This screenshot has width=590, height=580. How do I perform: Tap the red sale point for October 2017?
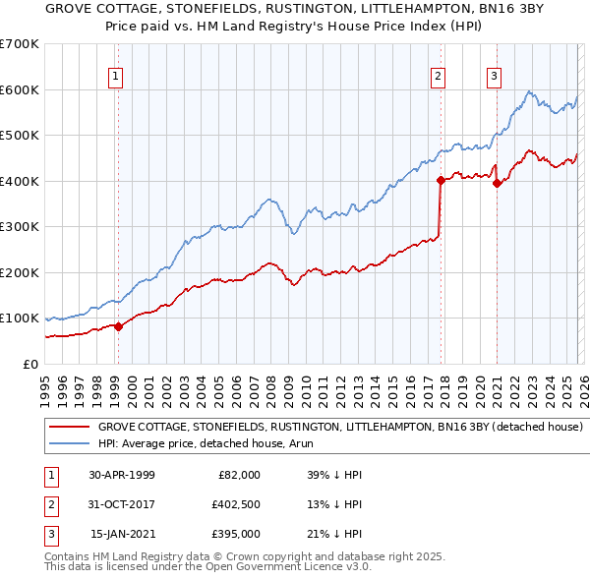(x=441, y=180)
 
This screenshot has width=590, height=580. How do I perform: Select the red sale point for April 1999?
(x=118, y=326)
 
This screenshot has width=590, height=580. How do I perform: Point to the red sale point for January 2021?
(x=497, y=183)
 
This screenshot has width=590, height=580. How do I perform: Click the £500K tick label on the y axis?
(x=19, y=135)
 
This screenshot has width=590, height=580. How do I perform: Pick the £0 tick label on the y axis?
(x=29, y=364)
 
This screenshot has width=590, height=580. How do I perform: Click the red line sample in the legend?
(x=69, y=428)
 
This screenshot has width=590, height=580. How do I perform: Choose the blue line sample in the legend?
(x=69, y=444)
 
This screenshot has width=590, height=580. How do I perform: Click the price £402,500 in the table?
(x=235, y=504)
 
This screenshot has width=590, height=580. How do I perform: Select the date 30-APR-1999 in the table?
(x=122, y=475)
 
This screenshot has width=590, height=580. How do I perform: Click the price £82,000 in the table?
(x=238, y=475)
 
